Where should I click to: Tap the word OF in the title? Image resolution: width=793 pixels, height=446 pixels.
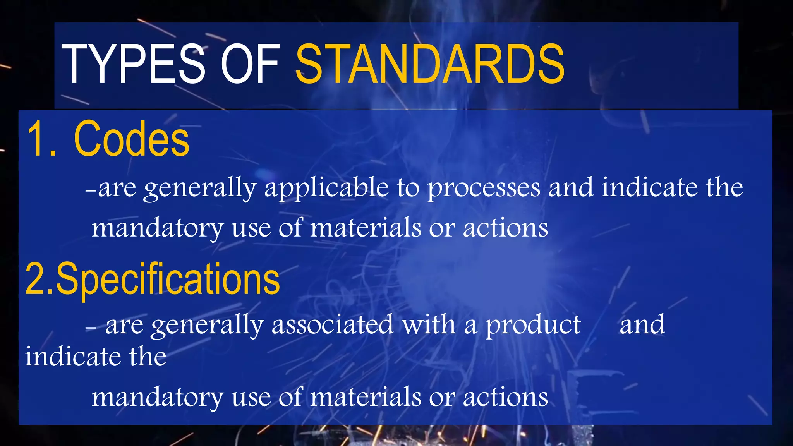[x=250, y=64]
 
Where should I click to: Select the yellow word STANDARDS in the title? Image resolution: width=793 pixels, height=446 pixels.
[x=430, y=64]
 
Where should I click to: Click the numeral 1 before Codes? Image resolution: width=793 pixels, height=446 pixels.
[x=39, y=139]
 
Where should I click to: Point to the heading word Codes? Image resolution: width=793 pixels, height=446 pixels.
[x=132, y=139]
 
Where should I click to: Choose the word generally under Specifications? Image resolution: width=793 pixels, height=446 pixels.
[x=207, y=325]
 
